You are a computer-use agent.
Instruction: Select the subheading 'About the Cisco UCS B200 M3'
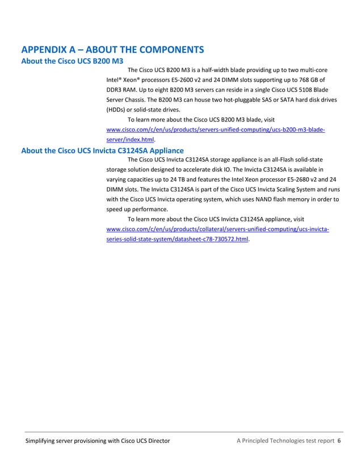coord(72,61)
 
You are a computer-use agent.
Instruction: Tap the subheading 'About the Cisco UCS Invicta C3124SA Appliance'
coord(102,150)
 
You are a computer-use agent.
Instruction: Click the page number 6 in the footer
coord(339,441)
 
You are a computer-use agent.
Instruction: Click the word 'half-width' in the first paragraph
coord(218,70)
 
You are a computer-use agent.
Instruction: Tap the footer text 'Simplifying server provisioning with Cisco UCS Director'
coord(97,441)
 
